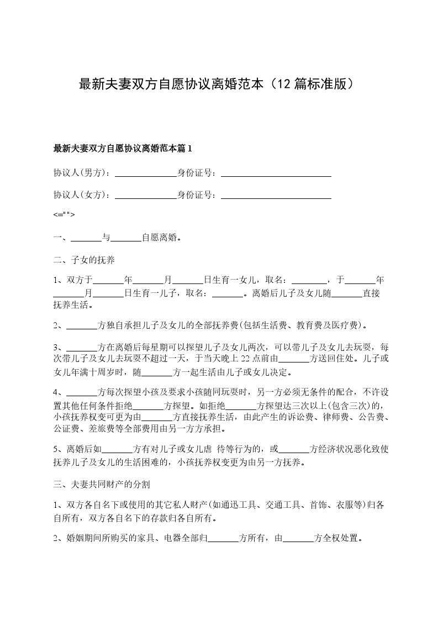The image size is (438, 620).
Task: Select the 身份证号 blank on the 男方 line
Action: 276,173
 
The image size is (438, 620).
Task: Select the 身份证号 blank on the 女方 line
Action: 276,195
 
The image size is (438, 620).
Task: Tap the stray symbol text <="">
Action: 64,214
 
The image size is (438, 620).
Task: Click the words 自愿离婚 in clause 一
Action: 160,238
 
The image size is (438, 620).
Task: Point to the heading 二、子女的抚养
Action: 84,259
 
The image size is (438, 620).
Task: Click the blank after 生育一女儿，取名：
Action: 309,280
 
